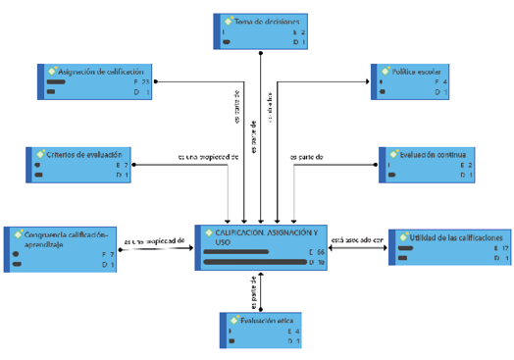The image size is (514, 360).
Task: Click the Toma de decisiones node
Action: tap(261, 30)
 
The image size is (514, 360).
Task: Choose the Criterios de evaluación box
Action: tap(75, 163)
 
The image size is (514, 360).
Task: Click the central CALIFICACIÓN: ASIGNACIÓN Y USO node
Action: tap(261, 246)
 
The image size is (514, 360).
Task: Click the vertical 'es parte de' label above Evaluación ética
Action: tap(254, 292)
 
